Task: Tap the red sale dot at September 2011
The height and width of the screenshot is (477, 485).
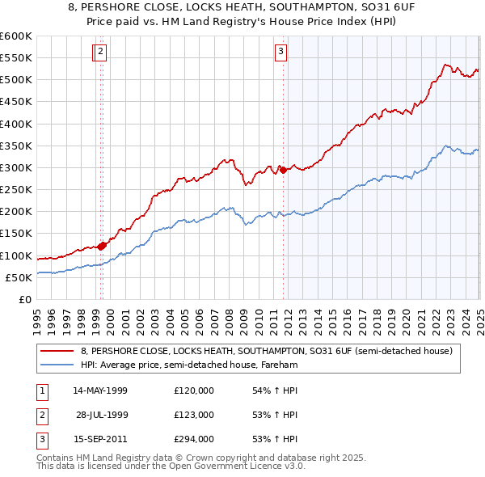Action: (283, 170)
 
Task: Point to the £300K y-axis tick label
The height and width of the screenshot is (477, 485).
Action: (16, 168)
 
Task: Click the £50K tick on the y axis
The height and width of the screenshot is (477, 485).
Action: (19, 277)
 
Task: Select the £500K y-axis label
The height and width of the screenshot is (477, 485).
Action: (16, 80)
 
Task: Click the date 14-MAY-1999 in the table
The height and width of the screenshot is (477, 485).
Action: (100, 390)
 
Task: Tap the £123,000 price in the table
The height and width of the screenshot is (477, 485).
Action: (194, 414)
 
